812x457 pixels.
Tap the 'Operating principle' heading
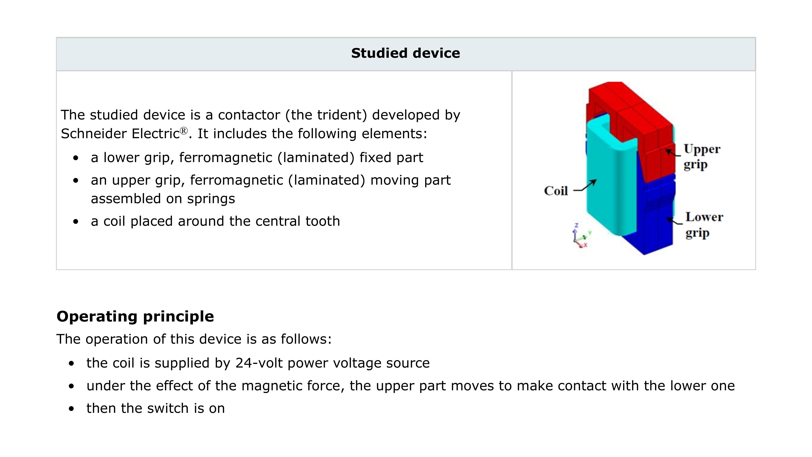[135, 316]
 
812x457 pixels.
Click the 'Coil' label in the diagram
[556, 191]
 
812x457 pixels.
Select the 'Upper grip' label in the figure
[702, 157]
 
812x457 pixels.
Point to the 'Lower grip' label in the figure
[704, 225]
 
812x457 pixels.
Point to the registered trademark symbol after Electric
[184, 130]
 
